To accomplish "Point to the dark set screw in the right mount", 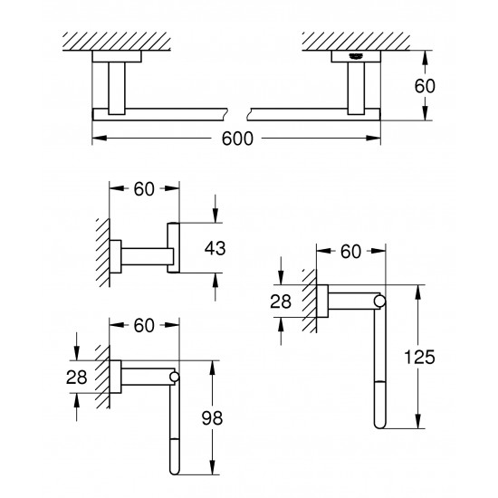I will [x=354, y=56].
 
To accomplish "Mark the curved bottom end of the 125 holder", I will [x=381, y=426].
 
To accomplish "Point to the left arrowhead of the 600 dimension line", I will [x=98, y=139].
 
